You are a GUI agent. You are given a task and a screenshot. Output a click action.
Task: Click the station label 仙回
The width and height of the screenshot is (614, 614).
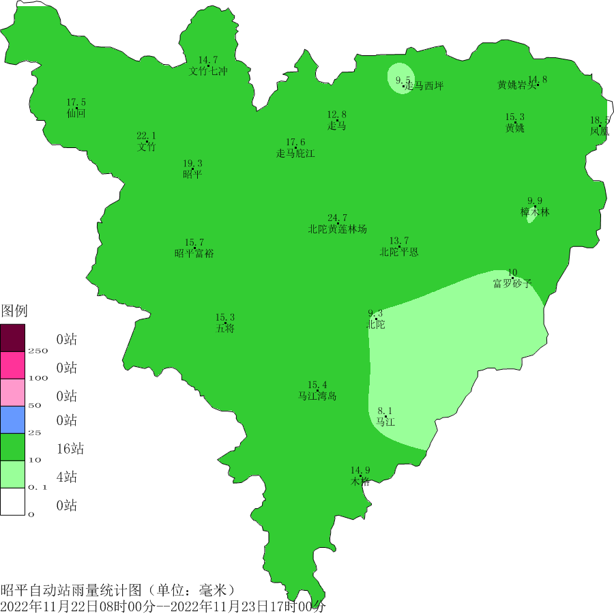(x=76, y=113)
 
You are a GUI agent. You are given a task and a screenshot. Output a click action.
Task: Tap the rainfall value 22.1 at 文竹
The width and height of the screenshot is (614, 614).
(x=146, y=136)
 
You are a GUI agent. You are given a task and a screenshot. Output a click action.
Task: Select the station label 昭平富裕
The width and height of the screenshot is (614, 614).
(x=194, y=254)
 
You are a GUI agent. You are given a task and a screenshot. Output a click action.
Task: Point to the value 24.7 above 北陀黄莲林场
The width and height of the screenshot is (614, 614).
(x=337, y=218)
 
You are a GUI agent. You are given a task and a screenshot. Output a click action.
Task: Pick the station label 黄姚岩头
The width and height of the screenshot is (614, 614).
(x=517, y=85)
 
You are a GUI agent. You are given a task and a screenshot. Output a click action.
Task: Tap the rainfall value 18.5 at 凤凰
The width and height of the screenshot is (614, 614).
(x=600, y=120)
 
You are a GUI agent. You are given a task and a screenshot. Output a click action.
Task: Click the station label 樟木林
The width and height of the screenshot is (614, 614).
(x=535, y=212)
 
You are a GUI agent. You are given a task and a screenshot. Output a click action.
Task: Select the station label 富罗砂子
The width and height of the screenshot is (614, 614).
(x=512, y=284)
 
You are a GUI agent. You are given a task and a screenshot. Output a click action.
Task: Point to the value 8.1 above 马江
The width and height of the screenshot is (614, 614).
(x=385, y=411)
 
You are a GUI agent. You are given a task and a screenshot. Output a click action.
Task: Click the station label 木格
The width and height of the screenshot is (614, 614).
(x=360, y=481)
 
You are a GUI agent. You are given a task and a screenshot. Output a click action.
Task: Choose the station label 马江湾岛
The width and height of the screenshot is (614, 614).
(x=317, y=396)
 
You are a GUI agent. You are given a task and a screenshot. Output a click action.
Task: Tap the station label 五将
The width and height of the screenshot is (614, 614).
(x=225, y=329)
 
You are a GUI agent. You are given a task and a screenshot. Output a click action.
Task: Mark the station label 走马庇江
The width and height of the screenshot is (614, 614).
(x=295, y=153)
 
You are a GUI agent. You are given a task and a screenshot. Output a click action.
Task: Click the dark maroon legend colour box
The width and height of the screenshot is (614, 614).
(x=12, y=337)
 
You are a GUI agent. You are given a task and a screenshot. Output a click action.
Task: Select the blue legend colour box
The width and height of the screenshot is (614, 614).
(x=12, y=420)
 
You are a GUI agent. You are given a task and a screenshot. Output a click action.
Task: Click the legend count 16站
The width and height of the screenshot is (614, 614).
(x=70, y=449)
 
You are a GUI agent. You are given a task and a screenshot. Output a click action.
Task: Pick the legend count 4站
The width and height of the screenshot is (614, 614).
(x=66, y=477)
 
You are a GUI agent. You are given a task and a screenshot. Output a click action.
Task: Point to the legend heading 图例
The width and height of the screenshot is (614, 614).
(x=14, y=312)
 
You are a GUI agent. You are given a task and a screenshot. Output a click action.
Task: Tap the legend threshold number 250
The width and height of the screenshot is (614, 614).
(x=38, y=351)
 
